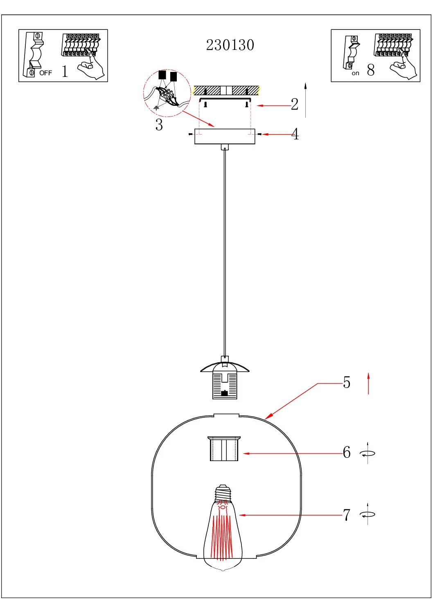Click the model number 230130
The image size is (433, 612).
[230, 45]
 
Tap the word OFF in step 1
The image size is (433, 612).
[46, 73]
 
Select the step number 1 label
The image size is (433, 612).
[65, 71]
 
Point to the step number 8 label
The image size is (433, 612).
[371, 70]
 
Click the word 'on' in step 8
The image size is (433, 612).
[355, 74]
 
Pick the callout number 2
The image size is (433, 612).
[295, 104]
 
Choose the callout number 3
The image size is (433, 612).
[159, 125]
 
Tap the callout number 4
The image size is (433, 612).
[295, 134]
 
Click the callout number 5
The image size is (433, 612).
[347, 383]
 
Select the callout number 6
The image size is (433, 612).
[347, 453]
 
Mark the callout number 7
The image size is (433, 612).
[347, 515]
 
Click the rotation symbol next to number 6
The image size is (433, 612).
[368, 453]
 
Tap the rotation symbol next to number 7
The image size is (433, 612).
[368, 515]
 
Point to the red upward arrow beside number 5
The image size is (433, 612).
[368, 383]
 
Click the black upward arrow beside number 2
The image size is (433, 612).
[305, 99]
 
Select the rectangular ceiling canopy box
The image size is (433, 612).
[225, 137]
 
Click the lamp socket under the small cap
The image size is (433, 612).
[225, 385]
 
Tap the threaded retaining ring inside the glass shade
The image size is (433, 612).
[224, 449]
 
